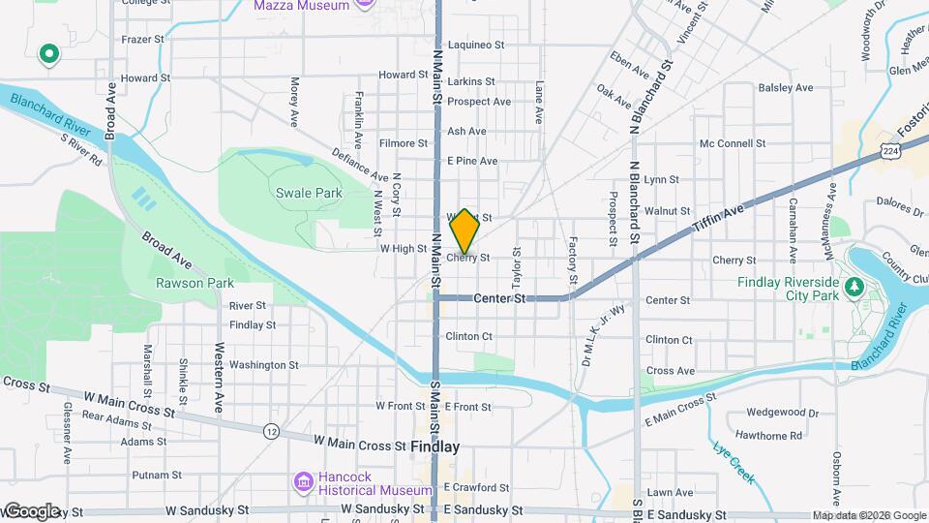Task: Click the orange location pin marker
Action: (464, 231)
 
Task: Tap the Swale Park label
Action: (309, 193)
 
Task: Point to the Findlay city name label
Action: (435, 447)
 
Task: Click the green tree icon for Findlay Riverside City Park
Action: (854, 288)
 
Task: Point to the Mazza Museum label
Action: (300, 6)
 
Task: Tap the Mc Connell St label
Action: (732, 143)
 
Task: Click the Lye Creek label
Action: (732, 454)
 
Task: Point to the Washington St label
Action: (263, 365)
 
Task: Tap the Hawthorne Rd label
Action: (768, 436)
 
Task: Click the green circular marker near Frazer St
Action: (47, 55)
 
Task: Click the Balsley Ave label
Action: (786, 87)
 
